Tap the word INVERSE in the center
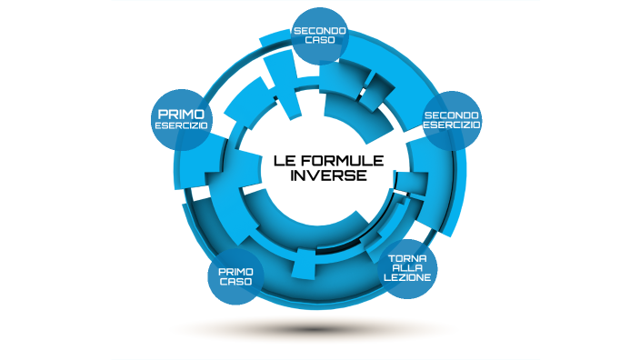328,176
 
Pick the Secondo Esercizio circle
452,120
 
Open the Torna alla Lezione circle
408,270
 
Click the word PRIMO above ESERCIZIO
181,114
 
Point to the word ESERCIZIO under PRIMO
182,125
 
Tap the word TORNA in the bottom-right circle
408,259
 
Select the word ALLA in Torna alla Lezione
408,270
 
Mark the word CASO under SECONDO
317,42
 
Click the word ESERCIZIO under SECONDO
452,125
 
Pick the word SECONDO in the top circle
318,31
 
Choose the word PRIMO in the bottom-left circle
235,270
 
